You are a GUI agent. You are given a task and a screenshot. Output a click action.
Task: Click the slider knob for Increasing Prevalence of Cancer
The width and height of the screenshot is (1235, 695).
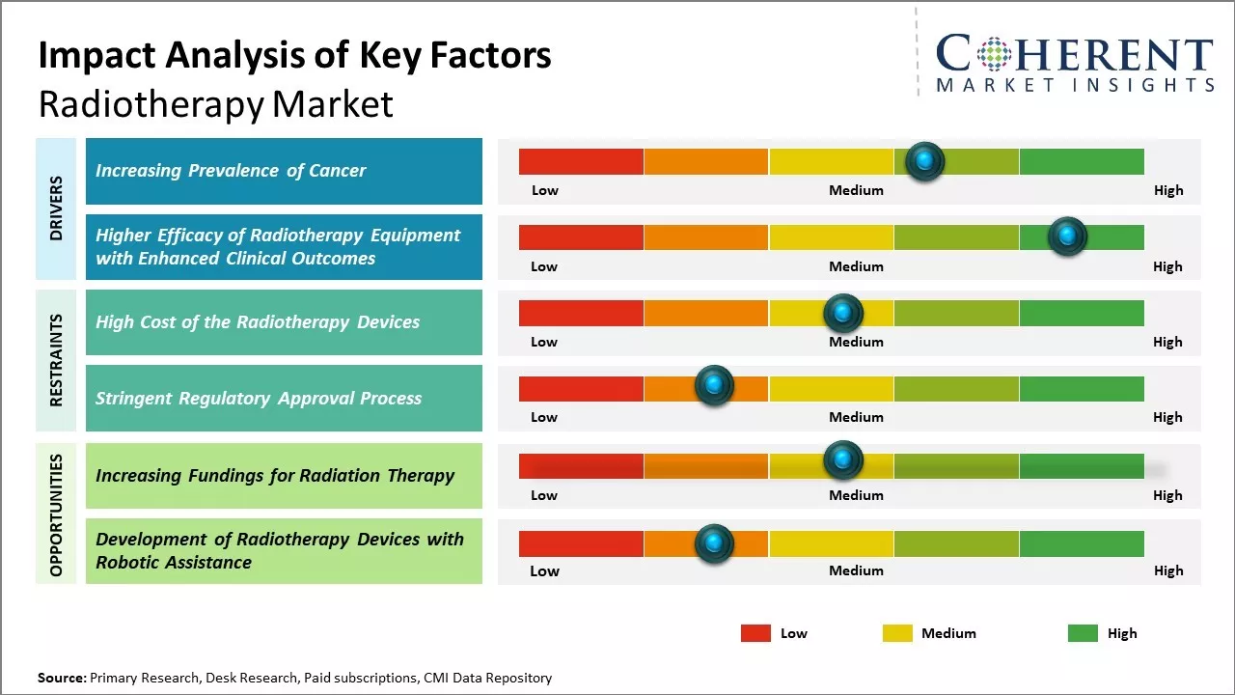click(925, 160)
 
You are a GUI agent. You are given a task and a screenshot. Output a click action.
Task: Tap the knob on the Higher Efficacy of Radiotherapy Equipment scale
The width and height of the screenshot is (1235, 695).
click(1067, 236)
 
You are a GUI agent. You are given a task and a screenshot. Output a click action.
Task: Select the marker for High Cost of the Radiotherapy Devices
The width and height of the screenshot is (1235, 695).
click(842, 313)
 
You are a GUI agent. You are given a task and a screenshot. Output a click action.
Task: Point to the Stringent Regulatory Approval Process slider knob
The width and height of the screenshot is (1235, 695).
click(714, 386)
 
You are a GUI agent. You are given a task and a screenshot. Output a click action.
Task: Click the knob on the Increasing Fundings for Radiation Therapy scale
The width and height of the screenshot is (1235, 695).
click(842, 459)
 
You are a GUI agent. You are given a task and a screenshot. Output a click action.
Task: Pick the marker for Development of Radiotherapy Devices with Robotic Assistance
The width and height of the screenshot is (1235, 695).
click(714, 543)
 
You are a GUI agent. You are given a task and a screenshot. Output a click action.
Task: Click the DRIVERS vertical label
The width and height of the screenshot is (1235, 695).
click(56, 208)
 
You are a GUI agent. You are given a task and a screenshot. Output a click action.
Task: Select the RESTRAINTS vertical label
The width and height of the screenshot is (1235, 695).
click(56, 360)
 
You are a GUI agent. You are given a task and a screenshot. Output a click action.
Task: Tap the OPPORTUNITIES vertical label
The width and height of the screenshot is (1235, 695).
click(56, 514)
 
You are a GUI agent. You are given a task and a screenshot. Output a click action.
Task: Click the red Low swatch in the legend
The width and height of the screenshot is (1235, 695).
click(755, 633)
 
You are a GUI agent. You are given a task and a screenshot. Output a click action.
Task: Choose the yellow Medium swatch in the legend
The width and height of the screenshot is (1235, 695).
click(897, 633)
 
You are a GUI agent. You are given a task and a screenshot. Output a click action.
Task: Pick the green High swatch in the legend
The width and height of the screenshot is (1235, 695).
click(1083, 633)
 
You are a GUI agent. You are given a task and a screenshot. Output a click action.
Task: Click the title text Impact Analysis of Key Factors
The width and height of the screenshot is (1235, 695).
click(294, 56)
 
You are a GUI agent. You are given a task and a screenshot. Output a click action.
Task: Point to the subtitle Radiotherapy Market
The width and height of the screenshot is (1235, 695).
click(215, 104)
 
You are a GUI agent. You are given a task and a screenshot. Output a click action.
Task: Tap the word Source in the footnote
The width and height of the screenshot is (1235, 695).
click(61, 678)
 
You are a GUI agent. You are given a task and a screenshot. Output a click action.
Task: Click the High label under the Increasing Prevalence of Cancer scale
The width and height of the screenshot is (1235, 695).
click(1167, 190)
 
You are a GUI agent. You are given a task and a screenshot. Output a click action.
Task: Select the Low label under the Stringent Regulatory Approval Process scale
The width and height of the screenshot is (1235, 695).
click(544, 417)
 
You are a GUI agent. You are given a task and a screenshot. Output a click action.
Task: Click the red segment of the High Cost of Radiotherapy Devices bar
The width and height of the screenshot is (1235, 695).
click(581, 313)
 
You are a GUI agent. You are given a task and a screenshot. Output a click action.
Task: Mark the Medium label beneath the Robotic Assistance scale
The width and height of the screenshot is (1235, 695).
click(856, 570)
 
